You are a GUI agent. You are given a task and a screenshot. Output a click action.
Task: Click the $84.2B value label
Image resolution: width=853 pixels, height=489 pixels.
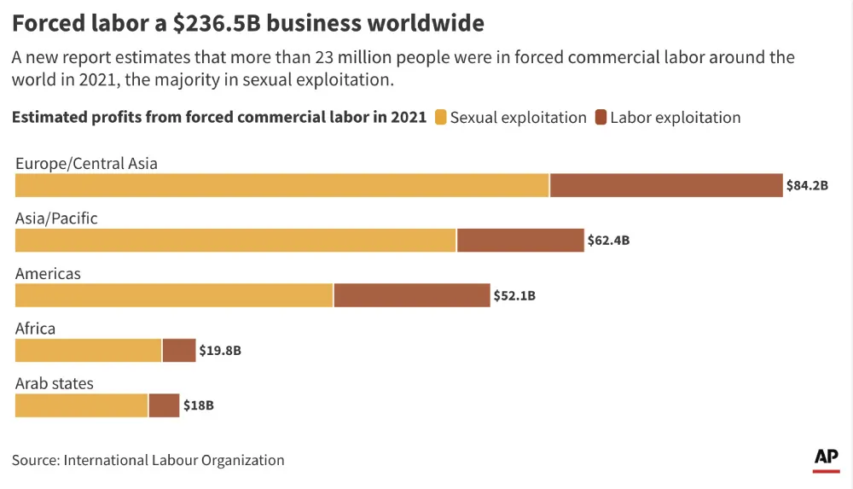tap(808, 185)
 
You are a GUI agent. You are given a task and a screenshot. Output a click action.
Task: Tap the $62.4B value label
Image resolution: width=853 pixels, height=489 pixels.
tap(608, 241)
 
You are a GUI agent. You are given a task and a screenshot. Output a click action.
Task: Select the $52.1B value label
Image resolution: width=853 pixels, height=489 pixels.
tap(514, 296)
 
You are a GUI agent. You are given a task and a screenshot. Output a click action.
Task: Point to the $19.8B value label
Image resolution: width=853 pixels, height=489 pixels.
tap(220, 351)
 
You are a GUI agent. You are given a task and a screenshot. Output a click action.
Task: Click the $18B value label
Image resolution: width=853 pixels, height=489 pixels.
tap(198, 405)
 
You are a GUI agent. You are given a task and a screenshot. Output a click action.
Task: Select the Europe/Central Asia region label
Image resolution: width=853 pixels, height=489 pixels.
tap(86, 163)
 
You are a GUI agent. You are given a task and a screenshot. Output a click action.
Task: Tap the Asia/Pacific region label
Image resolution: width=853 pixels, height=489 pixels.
tap(56, 218)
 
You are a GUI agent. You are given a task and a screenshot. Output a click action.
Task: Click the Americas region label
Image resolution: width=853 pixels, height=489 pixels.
tap(48, 274)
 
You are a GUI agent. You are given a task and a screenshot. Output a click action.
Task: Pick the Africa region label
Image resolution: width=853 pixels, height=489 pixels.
tap(35, 329)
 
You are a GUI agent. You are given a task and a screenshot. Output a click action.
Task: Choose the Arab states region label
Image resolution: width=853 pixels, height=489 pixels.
tap(55, 383)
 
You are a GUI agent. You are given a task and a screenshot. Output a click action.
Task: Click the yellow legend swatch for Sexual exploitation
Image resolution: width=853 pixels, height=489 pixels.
tap(440, 118)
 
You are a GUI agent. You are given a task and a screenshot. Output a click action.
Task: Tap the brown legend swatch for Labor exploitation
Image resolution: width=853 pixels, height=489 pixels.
tap(601, 118)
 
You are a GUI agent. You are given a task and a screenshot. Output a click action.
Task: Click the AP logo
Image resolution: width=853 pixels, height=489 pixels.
tap(826, 458)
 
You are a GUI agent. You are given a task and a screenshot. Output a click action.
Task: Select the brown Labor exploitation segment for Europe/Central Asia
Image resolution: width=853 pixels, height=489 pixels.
tap(666, 185)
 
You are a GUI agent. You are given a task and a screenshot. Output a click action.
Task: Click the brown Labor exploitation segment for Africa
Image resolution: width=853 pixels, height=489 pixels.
tap(179, 351)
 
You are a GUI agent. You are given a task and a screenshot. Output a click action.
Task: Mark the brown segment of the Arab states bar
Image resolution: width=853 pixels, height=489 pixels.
tap(164, 405)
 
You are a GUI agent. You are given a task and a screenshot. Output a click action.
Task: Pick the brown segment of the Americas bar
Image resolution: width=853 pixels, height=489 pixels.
tap(412, 295)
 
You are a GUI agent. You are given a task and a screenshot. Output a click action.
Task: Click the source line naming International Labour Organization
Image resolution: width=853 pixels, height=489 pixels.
tap(148, 460)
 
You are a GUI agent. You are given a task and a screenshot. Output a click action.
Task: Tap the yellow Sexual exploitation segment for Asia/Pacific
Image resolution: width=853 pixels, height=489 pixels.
tap(235, 241)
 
